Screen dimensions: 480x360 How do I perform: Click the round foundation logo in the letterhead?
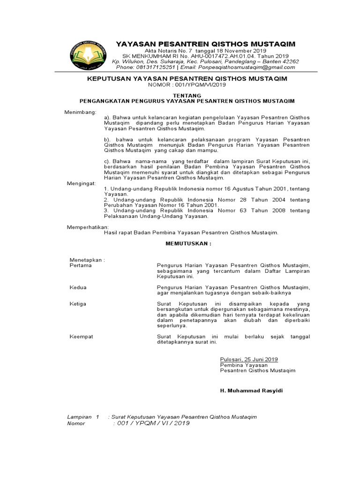(89, 54)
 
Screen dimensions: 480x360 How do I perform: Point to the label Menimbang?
(80, 112)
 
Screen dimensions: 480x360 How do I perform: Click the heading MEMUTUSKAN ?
(188, 244)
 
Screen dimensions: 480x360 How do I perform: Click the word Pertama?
(81, 265)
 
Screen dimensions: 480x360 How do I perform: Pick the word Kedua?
(78, 287)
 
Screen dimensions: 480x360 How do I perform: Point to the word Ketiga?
(78, 304)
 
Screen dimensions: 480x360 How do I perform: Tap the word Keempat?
(81, 337)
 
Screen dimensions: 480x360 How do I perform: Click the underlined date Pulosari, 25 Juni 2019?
(249, 359)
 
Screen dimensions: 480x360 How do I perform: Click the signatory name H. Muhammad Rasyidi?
(252, 390)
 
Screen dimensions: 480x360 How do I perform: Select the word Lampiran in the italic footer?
(79, 417)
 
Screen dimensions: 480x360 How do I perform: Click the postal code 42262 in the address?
(290, 61)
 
